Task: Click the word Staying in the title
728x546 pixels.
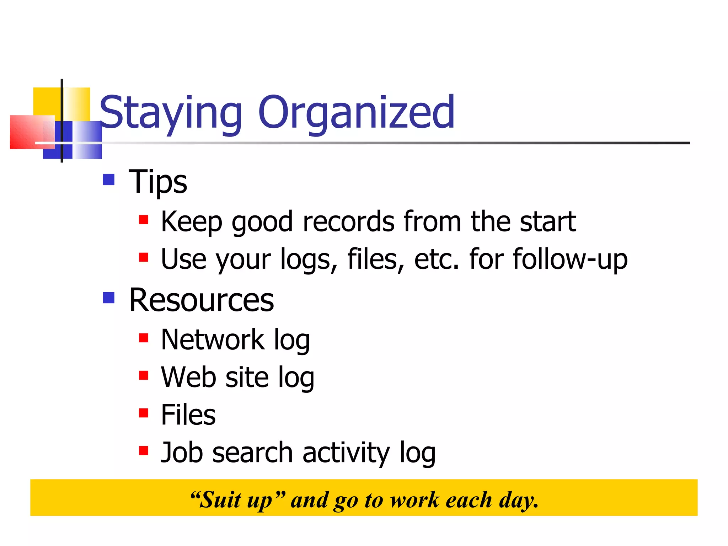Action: coord(171,113)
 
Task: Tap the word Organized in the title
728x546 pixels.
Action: coord(357,113)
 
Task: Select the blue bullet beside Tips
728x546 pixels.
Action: coord(109,180)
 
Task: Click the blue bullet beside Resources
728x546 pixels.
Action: coord(109,298)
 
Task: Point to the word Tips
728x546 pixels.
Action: coord(158,182)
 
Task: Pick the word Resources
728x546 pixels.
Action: coord(202,300)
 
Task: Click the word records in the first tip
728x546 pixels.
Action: coord(348,221)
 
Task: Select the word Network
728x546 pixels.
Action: coord(213,340)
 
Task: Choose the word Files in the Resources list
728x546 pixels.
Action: coord(188,415)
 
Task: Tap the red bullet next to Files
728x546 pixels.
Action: coord(144,413)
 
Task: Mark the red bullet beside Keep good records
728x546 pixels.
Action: coord(144,220)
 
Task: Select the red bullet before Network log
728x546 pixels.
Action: coord(144,338)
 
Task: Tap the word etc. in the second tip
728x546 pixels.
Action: coord(437,259)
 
